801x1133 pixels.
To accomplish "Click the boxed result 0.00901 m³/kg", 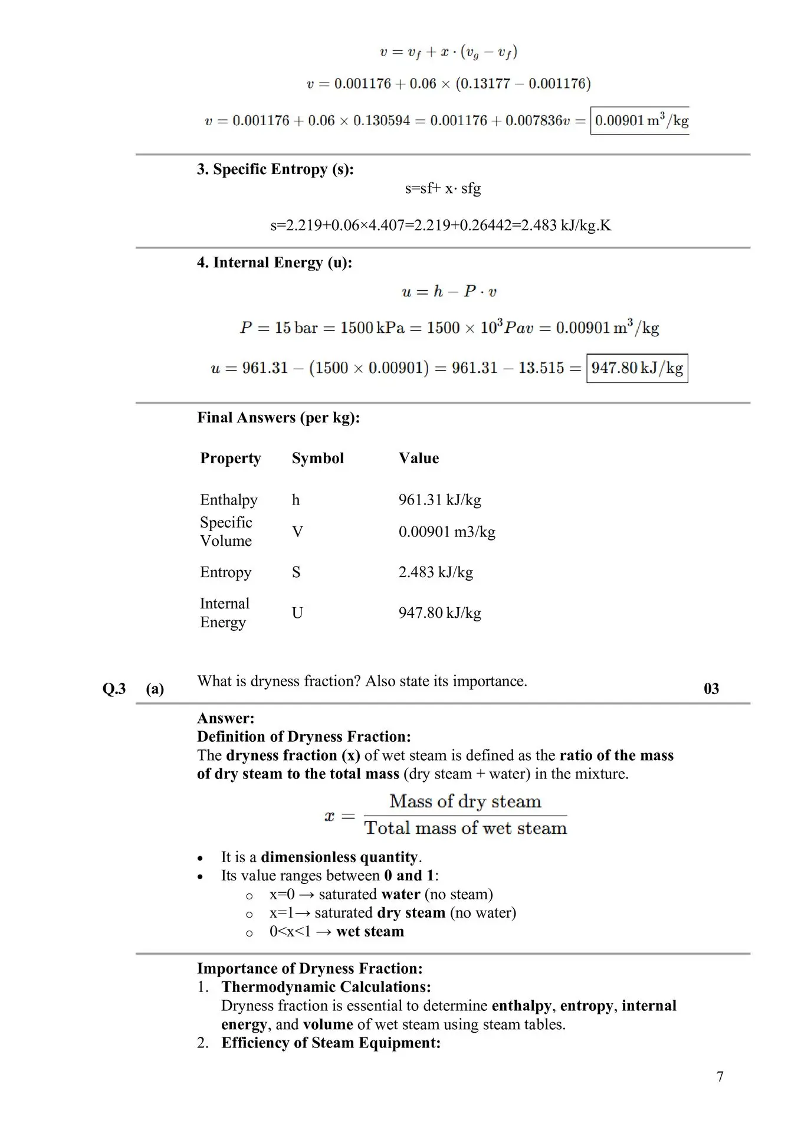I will point(641,121).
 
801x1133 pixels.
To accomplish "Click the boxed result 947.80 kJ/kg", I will point(637,368).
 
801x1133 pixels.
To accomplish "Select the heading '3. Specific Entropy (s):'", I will point(275,169).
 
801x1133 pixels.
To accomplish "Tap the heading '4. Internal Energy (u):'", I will point(274,263).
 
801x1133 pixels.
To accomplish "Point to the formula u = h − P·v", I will point(449,292).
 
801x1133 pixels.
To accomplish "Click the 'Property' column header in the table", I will point(230,459).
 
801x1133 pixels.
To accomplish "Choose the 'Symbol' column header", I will point(317,459).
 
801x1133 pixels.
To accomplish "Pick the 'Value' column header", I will point(418,459).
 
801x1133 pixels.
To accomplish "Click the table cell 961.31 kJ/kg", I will point(439,500).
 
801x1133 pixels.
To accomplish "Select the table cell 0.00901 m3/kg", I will point(447,532).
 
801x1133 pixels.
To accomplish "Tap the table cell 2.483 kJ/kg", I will point(435,572).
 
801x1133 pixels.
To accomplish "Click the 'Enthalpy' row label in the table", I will point(228,500).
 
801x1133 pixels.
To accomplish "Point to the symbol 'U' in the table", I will point(297,613).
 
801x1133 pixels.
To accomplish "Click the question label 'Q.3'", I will point(114,689).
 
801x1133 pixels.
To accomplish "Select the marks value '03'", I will point(711,689).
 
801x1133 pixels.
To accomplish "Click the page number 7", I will point(720,1077).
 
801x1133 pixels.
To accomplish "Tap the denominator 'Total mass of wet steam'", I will point(465,829).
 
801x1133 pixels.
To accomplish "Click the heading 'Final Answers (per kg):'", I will point(278,418).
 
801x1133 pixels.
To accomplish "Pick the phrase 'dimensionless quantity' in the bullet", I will point(339,857).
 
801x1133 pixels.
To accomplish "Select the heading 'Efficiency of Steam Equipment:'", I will point(331,1043).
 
